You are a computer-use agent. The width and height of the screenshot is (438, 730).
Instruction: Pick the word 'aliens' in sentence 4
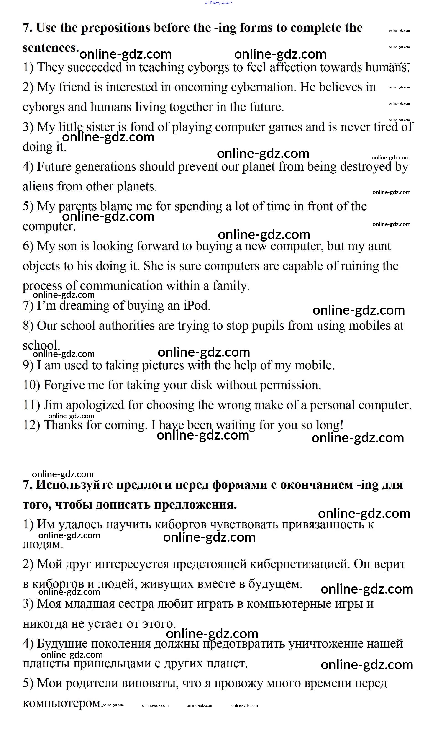(38, 187)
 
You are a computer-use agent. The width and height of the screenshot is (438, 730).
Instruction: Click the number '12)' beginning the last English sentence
(31, 425)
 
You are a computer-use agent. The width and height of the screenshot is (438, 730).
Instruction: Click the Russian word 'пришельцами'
(117, 663)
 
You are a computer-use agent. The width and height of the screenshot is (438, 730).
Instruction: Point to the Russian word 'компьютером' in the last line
(62, 703)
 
